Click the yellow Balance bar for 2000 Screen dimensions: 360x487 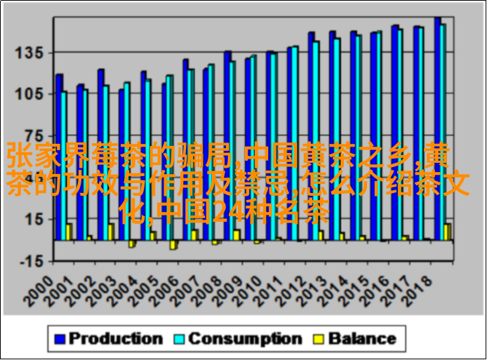(69, 232)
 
